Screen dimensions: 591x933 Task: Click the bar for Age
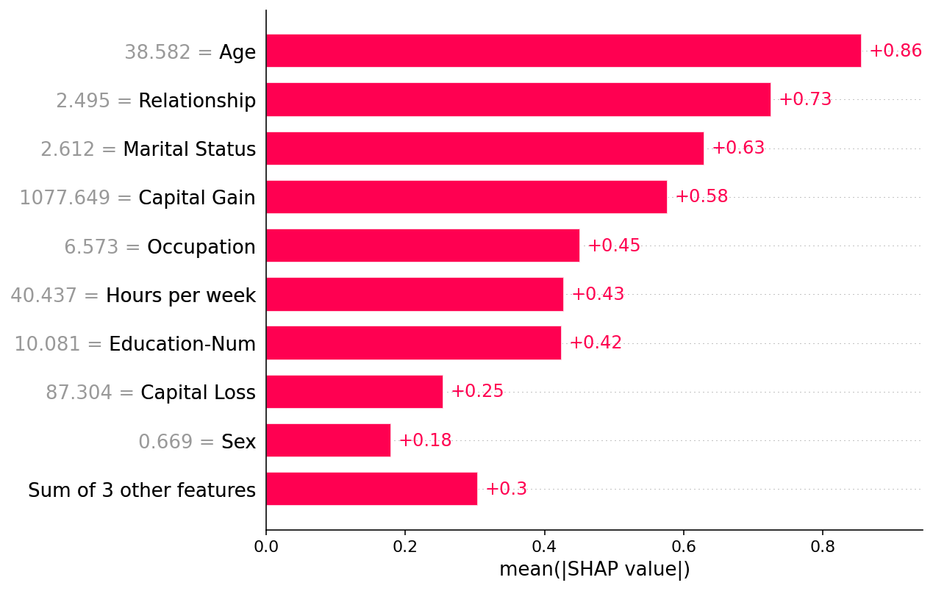tap(563, 51)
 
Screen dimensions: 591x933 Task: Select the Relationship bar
tap(518, 99)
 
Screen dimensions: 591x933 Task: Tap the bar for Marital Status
tap(485, 148)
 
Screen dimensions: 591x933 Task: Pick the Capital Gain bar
tap(466, 197)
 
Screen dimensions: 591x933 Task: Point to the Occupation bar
tap(423, 246)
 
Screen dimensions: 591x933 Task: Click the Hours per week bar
tap(415, 294)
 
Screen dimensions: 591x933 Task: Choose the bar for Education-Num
tap(413, 343)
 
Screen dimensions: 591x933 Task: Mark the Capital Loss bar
tap(354, 392)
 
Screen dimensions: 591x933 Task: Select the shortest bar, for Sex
tap(328, 440)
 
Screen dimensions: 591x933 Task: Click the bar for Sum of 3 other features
tap(371, 489)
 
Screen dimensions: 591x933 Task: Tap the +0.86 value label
tap(895, 51)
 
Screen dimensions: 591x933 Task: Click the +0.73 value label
tap(805, 99)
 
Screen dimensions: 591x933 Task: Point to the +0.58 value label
tap(701, 197)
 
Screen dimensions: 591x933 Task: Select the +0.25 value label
tap(477, 392)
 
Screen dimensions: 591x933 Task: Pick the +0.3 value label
tap(506, 489)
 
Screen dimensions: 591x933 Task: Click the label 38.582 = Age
tap(190, 52)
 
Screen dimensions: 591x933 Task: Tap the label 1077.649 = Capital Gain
tap(137, 198)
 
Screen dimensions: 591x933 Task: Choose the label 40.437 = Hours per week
tap(132, 295)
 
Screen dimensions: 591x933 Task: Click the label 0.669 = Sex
tap(196, 442)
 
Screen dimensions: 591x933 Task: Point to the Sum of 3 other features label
tap(142, 490)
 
